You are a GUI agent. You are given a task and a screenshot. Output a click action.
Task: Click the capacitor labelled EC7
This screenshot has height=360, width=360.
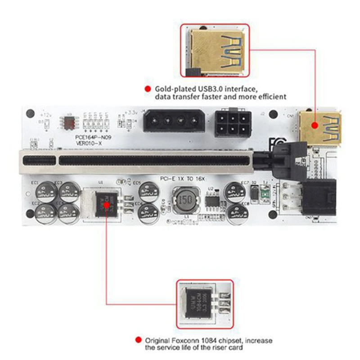pos(234,191)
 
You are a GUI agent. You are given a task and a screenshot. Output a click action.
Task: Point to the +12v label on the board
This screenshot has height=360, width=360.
pos(47,115)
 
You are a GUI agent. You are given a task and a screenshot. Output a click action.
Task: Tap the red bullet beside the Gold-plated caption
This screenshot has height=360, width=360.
pos(147,89)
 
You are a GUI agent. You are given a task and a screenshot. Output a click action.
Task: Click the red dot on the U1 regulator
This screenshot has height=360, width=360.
pos(107,205)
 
